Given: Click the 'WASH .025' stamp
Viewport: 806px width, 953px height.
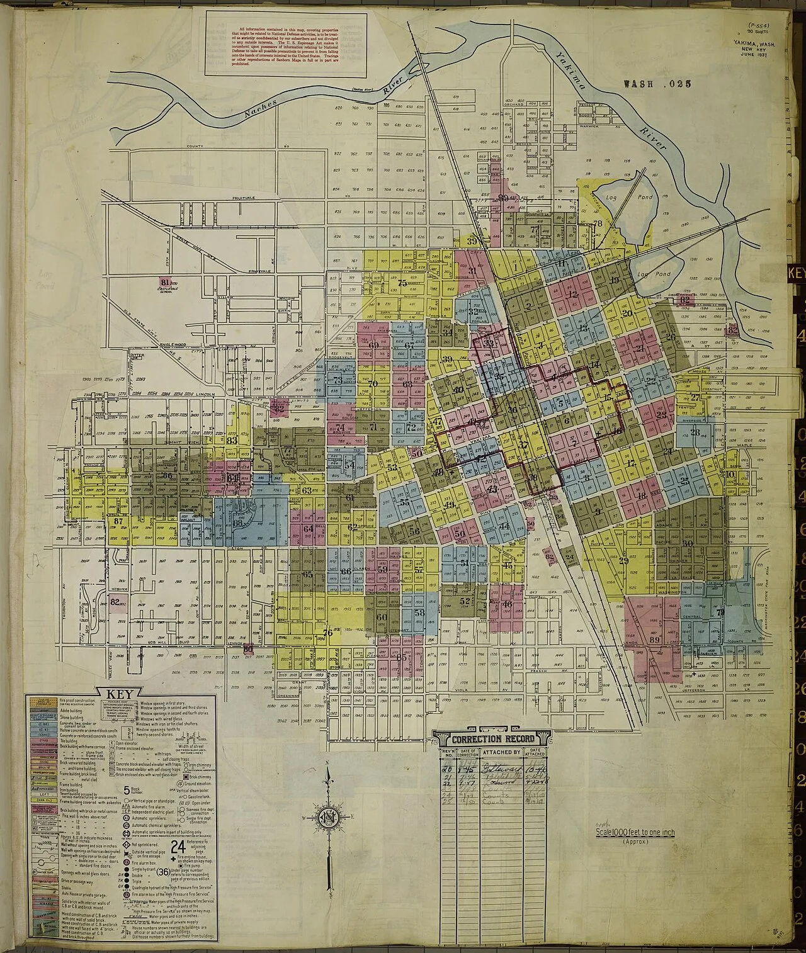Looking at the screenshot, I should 656,83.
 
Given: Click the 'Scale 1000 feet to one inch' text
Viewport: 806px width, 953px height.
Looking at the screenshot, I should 635,832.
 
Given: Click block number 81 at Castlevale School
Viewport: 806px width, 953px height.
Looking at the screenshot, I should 166,281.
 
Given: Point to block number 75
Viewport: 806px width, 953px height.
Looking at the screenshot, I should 403,283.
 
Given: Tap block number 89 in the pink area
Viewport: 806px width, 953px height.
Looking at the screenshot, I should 654,640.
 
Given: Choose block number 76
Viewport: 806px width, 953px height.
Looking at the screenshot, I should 327,633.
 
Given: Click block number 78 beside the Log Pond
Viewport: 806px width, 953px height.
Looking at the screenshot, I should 598,223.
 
